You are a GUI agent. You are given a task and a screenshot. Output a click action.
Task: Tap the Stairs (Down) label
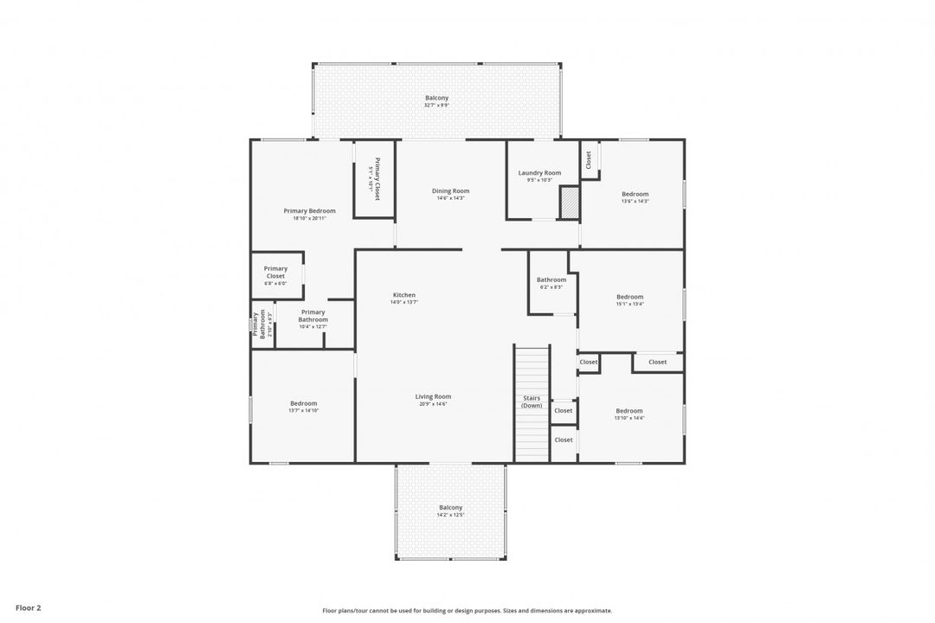point(532,402)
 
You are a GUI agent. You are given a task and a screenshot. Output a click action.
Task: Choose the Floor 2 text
point(28,608)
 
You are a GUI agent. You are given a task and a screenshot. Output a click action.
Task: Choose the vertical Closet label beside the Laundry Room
point(589,159)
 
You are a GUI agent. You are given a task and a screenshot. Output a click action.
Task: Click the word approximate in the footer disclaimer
point(590,611)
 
